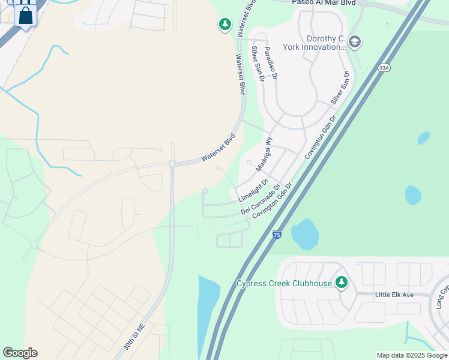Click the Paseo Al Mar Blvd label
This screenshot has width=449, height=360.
pyautogui.click(x=324, y=3)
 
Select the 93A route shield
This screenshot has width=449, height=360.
pyautogui.click(x=384, y=68)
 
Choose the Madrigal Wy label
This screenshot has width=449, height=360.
pyautogui.click(x=264, y=155)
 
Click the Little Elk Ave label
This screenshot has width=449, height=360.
pyautogui.click(x=394, y=295)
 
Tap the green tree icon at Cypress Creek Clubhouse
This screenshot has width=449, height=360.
pyautogui.click(x=341, y=282)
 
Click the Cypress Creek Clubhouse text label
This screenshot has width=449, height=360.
pyautogui.click(x=285, y=283)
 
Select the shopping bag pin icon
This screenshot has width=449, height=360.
pyautogui.click(x=25, y=14)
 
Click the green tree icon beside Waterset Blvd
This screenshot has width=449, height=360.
pyautogui.click(x=224, y=24)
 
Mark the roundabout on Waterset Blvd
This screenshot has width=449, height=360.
pyautogui.click(x=172, y=163)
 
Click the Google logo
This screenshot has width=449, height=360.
pyautogui.click(x=20, y=353)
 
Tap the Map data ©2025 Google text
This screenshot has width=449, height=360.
pyautogui.click(x=411, y=355)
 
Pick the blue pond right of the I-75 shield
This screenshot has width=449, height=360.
pyautogui.click(x=305, y=233)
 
